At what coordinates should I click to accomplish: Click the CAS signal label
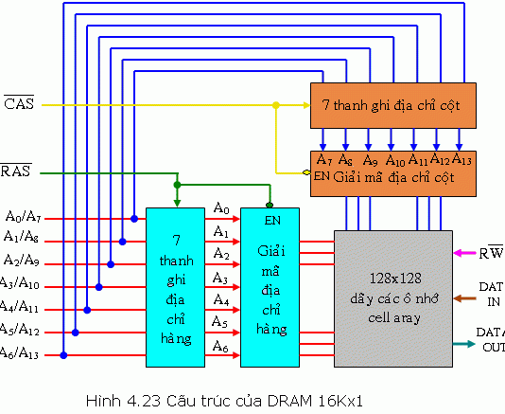click(18, 104)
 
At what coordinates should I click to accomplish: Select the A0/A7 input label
click(22, 218)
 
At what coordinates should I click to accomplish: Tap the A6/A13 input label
click(22, 354)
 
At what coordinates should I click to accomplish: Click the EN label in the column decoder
click(322, 175)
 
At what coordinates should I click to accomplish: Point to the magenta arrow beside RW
click(464, 253)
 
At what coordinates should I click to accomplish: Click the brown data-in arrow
click(465, 298)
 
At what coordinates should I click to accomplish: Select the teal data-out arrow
click(465, 344)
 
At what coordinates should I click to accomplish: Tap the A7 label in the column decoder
click(324, 160)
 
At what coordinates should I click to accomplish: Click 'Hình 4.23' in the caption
click(113, 395)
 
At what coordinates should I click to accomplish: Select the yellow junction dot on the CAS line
click(275, 104)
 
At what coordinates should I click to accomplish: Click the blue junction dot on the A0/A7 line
click(134, 219)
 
